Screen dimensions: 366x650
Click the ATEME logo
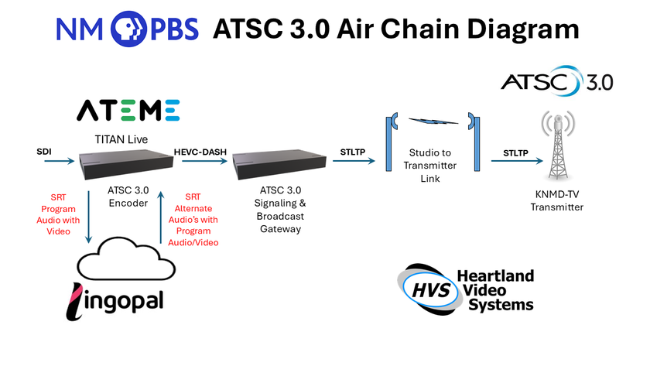click(128, 111)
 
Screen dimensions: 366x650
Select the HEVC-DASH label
click(199, 151)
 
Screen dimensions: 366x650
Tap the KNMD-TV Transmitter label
click(557, 200)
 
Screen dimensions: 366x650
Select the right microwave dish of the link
click(472, 140)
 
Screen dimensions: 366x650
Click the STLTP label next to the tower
click(515, 152)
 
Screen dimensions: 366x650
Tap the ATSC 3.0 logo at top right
click(557, 82)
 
